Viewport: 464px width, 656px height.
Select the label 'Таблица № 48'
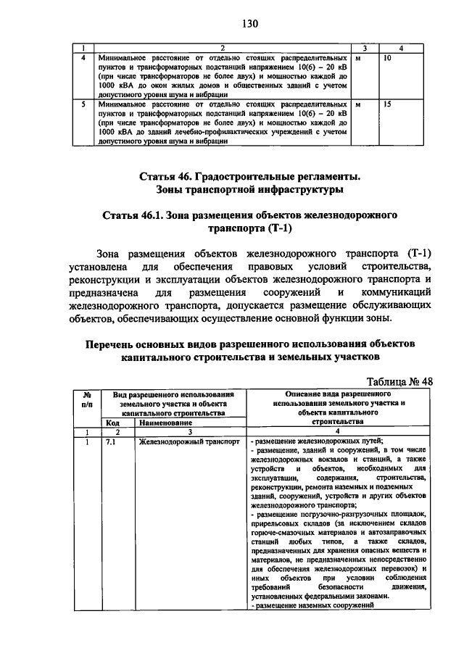(399, 381)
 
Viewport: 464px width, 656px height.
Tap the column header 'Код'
(112, 421)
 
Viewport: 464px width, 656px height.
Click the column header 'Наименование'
(166, 421)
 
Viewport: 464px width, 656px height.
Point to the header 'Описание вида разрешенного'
(336, 392)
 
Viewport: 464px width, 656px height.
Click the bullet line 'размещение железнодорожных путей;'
(318, 441)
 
